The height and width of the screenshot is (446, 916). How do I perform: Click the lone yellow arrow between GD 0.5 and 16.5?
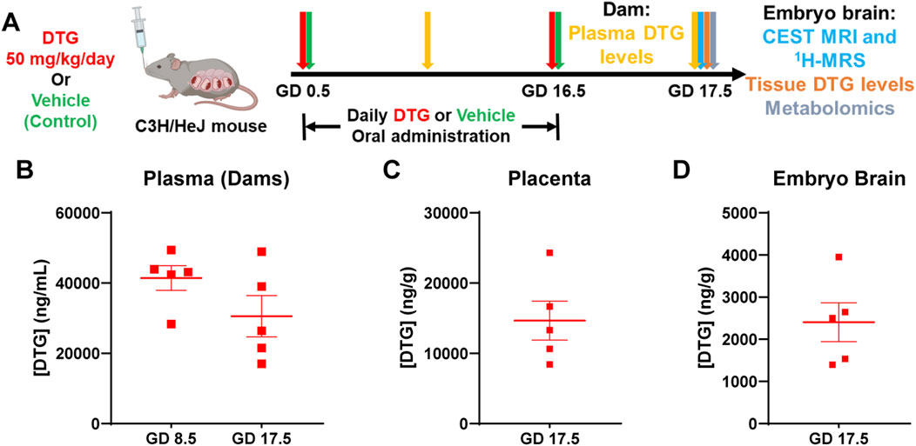[427, 39]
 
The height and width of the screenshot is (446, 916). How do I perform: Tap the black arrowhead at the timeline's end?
[738, 74]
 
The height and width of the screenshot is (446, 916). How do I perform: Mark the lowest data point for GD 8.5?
[172, 324]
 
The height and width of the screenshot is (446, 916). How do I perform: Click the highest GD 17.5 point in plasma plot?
[260, 252]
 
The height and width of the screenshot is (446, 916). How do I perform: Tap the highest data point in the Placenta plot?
[549, 253]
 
